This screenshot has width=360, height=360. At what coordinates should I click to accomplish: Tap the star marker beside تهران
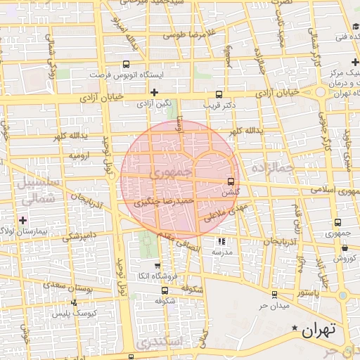(295, 328)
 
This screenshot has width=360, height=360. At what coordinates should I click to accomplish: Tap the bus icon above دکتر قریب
(219, 94)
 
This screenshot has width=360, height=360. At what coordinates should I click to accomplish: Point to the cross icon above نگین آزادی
(154, 92)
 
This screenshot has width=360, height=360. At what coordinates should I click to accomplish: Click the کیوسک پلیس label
(75, 312)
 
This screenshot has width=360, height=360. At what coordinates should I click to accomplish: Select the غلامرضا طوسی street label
(191, 34)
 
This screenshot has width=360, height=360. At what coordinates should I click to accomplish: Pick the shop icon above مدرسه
(222, 240)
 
